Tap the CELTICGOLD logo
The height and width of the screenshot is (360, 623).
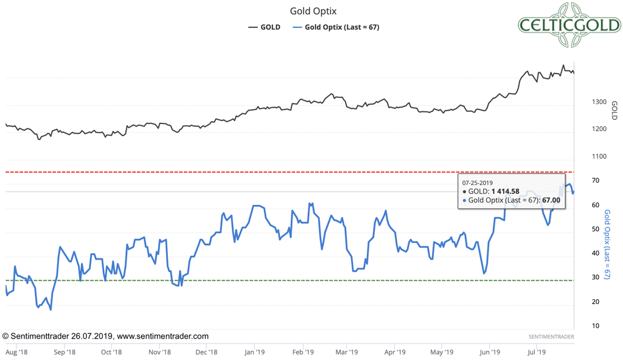click(x=569, y=25)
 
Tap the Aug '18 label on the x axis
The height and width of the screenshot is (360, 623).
click(x=16, y=351)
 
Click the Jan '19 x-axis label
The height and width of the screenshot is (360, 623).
click(x=254, y=351)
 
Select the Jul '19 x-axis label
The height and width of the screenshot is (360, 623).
click(x=536, y=351)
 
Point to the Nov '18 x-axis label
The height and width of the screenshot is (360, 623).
click(x=159, y=351)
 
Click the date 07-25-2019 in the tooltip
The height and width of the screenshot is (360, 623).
click(x=478, y=182)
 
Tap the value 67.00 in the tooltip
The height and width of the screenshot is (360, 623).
click(x=551, y=200)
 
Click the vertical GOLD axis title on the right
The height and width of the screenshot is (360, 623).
click(x=614, y=110)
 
